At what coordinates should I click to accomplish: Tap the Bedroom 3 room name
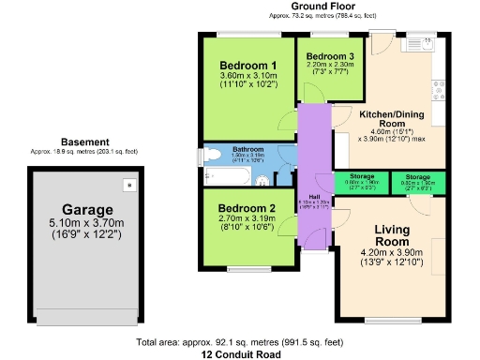click(x=330, y=56)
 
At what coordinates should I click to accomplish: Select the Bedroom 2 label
click(x=246, y=208)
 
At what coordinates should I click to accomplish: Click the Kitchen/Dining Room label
click(x=395, y=118)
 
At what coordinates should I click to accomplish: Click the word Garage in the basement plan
click(x=87, y=209)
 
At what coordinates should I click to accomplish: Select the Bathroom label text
click(x=247, y=149)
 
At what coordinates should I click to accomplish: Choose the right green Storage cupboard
click(x=418, y=181)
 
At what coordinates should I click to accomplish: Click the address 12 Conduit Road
click(x=239, y=355)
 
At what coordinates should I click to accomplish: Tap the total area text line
click(x=240, y=343)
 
